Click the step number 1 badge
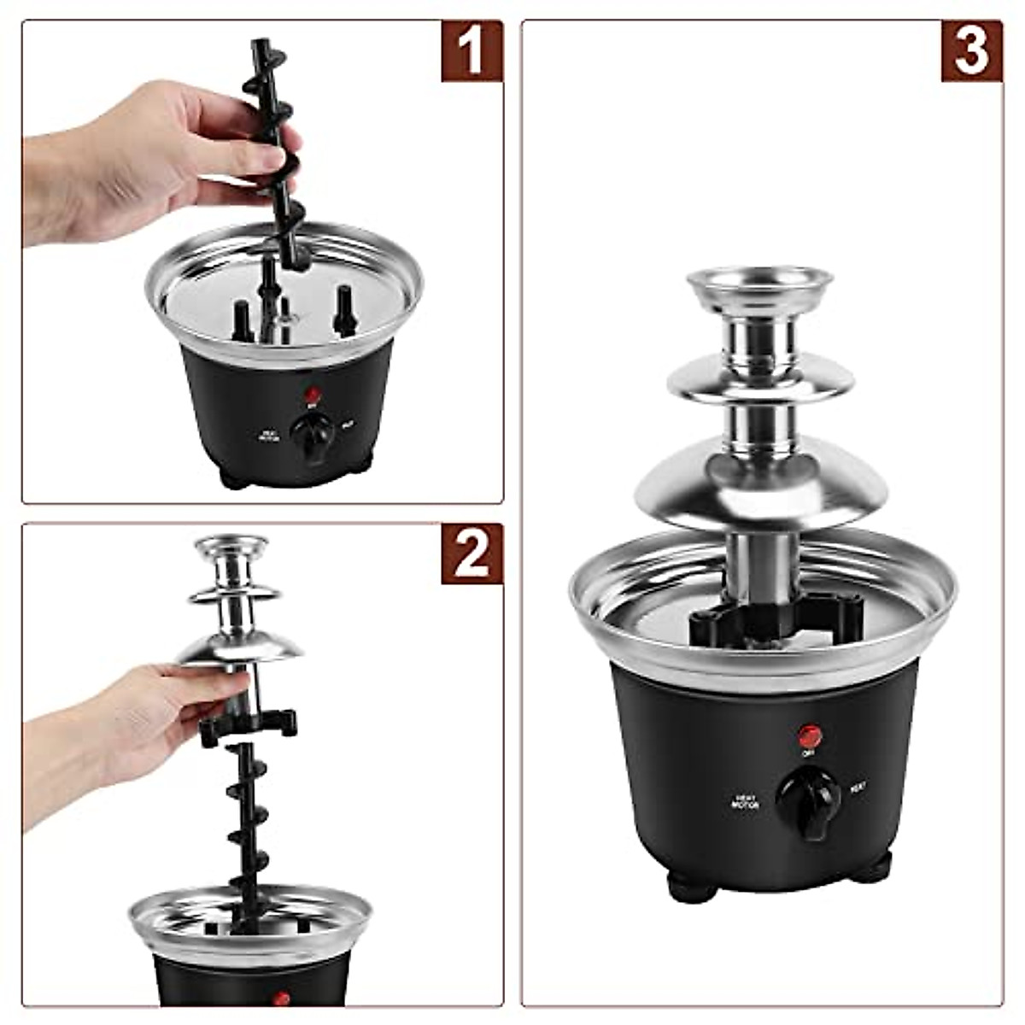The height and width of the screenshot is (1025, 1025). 471,51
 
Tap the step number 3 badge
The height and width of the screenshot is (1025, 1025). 971,51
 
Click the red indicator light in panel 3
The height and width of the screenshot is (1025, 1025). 809,735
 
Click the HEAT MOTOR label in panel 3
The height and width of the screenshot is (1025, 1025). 745,801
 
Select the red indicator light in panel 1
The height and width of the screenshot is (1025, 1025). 313,395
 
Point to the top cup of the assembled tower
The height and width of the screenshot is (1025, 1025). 759,287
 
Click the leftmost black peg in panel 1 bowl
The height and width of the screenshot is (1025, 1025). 242,319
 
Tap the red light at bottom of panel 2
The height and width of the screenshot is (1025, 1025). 282,998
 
